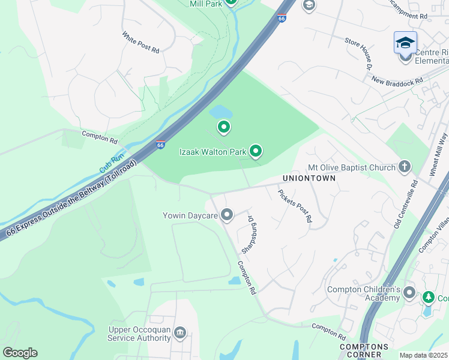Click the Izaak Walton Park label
click(213, 152)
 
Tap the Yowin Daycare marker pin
click(227, 214)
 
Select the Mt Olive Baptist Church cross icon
click(405, 167)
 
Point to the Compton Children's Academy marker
click(409, 293)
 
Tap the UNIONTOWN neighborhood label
click(312, 179)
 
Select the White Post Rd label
click(140, 43)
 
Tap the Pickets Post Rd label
click(295, 206)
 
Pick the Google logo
click(20, 353)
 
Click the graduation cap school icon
click(405, 43)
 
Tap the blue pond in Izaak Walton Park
click(221, 112)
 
